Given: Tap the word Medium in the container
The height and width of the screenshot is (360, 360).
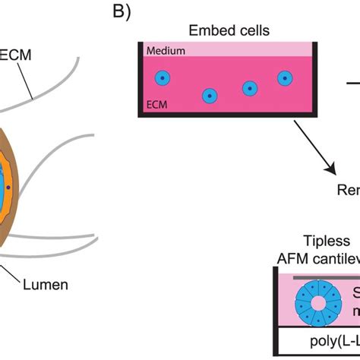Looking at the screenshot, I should (160, 52).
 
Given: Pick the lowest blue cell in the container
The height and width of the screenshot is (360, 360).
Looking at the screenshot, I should (210, 96).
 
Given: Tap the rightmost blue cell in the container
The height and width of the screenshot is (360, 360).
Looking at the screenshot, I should (284, 77).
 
